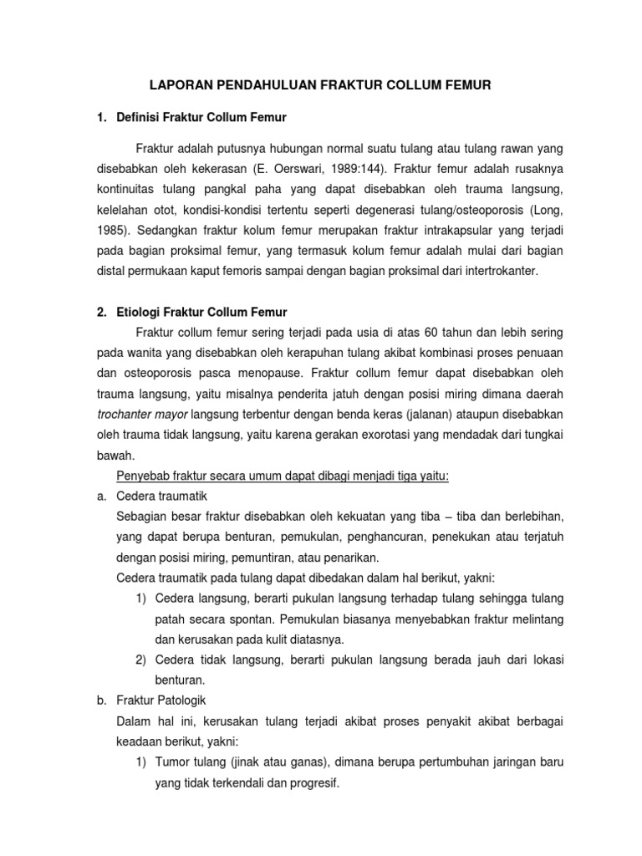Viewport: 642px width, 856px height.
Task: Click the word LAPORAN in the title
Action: coord(178,84)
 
